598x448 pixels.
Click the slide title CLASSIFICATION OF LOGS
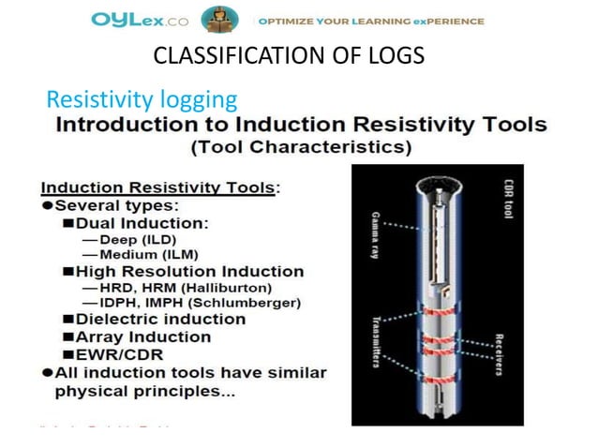click(288, 57)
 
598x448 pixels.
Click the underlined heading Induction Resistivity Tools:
click(165, 187)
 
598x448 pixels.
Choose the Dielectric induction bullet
click(160, 319)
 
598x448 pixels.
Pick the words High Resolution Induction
click(193, 271)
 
